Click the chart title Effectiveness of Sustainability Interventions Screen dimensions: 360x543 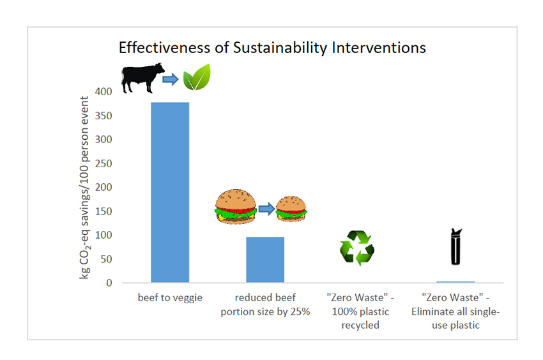[x=272, y=48]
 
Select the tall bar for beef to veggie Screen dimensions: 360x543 [x=170, y=191]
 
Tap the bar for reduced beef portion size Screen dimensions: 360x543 [x=265, y=260]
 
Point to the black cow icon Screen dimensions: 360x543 [x=143, y=78]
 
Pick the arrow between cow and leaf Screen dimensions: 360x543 [x=171, y=79]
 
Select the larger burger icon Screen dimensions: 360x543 [x=235, y=206]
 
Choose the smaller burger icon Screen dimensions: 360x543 [x=291, y=208]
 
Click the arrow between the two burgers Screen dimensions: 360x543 [x=266, y=207]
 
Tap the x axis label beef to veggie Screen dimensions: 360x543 [x=170, y=298]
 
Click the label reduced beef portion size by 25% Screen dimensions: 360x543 [x=265, y=304]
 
